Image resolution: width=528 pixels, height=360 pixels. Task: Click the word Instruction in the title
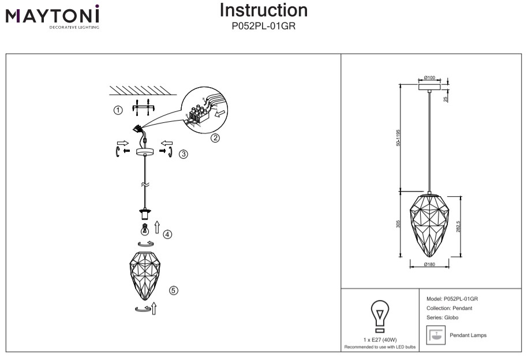click(264, 10)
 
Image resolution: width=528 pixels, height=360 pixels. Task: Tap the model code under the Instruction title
click(264, 25)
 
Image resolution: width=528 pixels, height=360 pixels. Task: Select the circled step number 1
click(118, 110)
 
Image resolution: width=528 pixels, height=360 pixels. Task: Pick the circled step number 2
click(215, 137)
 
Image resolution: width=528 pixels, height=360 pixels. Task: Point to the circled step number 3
click(183, 154)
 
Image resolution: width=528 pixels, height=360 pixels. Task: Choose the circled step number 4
click(167, 234)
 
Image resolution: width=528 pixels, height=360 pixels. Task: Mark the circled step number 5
click(173, 290)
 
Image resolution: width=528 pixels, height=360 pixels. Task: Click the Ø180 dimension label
click(429, 264)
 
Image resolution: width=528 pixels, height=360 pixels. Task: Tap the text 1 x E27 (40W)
click(380, 340)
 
